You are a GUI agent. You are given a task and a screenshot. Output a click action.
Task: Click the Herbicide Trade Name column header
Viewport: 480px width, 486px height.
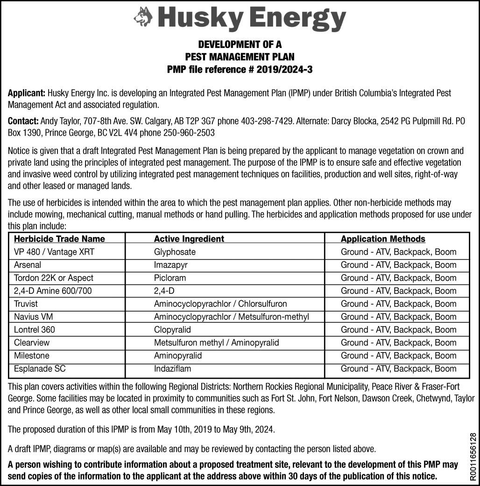pos(59,239)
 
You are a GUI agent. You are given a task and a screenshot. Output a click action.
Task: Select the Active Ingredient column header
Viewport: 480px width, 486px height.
pos(189,239)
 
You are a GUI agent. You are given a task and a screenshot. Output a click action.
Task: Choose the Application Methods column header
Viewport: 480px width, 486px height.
pos(383,239)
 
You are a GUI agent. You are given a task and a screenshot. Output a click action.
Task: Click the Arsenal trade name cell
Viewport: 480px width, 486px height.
pos(28,265)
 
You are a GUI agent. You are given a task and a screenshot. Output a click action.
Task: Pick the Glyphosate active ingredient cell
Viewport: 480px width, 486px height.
pos(175,252)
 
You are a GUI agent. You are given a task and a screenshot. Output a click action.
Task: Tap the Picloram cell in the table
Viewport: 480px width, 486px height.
pos(170,278)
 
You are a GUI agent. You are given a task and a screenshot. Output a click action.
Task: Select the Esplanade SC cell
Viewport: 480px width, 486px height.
pos(40,368)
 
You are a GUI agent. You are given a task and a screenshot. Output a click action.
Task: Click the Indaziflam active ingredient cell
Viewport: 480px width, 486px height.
pos(172,368)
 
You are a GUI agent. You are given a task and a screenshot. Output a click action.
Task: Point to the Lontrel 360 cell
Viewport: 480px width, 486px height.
pos(35,330)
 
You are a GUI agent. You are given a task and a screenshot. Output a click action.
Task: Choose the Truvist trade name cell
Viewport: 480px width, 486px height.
pos(26,304)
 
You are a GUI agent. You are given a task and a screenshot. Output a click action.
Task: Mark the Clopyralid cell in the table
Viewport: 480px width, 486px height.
pos(172,330)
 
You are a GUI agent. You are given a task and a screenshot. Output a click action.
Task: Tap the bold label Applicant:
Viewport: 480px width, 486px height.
pos(26,93)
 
